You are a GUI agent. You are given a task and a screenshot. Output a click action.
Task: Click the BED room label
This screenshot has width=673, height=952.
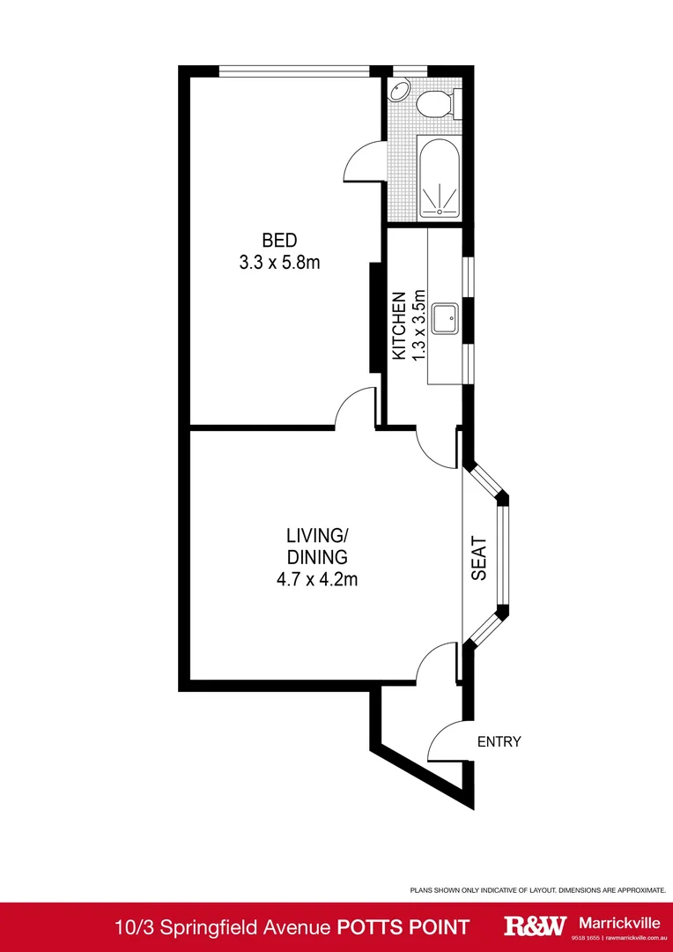point(279,240)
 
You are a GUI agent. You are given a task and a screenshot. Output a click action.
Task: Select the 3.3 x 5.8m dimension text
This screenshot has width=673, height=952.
point(279,263)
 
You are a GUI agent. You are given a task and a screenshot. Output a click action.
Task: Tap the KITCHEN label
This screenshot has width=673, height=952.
point(399,325)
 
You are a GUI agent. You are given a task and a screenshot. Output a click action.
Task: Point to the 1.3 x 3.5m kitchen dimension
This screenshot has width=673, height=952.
point(420,324)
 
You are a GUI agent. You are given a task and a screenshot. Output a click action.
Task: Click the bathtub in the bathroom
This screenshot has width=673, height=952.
point(438,177)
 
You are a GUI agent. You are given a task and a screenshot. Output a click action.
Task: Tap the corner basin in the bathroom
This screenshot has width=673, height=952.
point(399,89)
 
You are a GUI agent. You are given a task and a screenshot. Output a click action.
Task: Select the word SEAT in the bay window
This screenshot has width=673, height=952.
point(479,559)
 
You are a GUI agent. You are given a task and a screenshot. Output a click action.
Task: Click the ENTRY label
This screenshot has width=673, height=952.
point(499,741)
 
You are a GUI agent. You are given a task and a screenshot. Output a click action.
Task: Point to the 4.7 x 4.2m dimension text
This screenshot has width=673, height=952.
point(315,579)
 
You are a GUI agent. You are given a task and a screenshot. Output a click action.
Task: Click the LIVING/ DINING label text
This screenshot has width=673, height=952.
point(316,546)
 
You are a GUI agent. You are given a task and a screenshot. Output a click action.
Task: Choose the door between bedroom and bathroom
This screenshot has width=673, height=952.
point(360,161)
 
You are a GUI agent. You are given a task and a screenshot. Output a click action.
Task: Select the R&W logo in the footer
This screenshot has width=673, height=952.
point(534,926)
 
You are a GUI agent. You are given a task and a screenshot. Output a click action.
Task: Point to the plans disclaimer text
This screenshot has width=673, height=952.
point(537,891)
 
